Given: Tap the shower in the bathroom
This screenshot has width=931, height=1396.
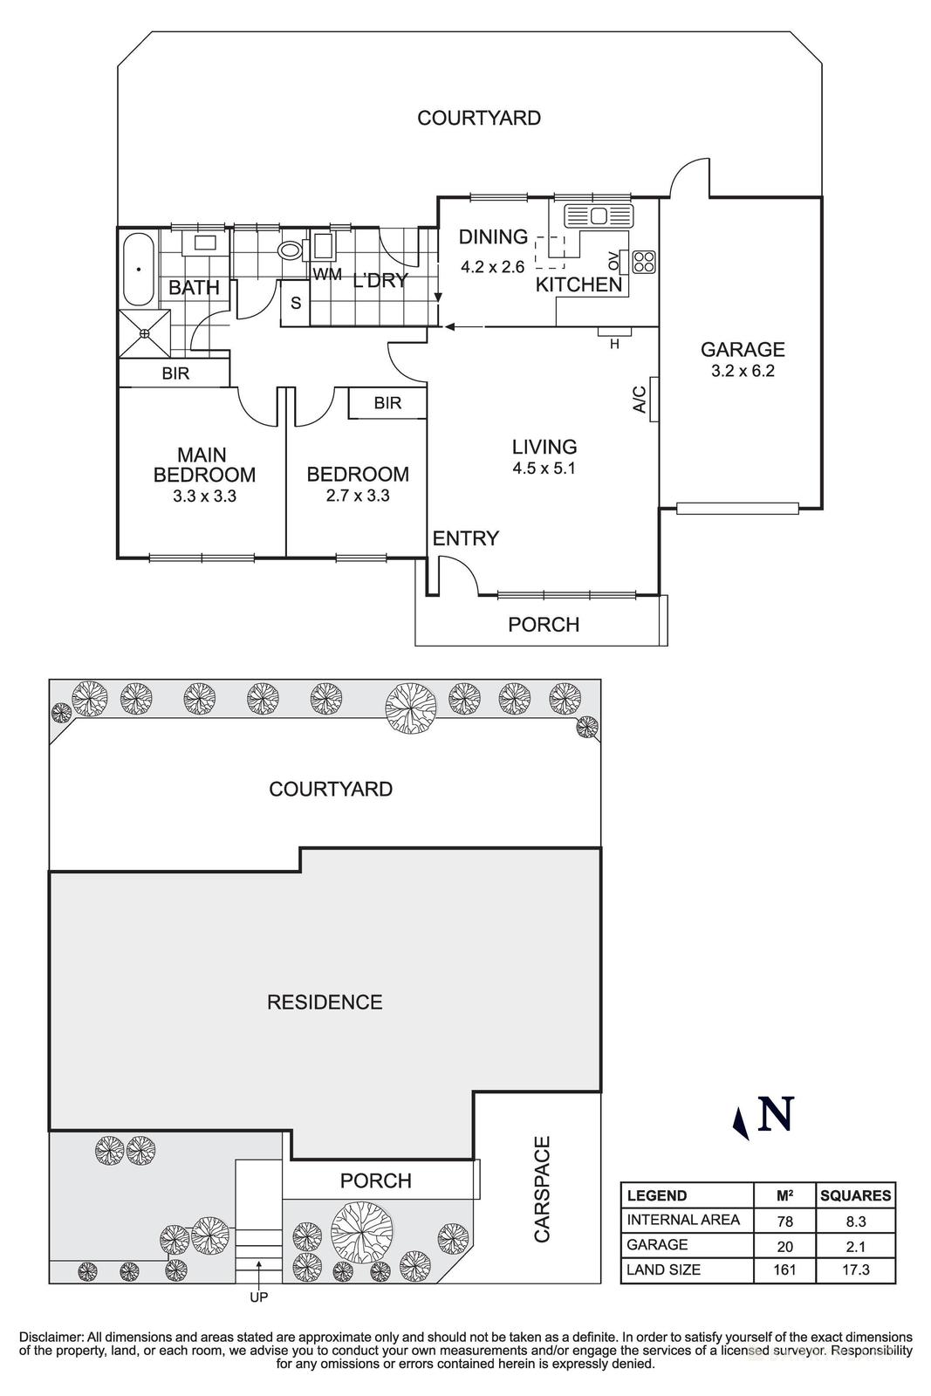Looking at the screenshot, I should point(145,333).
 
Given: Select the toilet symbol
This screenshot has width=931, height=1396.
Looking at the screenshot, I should point(290,251).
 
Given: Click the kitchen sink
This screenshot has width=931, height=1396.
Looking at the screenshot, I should point(599,215).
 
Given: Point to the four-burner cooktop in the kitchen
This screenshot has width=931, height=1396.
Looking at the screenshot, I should point(644,260).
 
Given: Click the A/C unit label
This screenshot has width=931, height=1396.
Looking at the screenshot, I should point(640,400).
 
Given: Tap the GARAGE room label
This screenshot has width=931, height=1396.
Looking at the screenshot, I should point(743,350).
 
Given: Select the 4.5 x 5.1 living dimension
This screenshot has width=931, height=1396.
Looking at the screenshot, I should point(544,468).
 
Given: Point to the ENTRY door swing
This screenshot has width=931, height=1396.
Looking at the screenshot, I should point(457,576).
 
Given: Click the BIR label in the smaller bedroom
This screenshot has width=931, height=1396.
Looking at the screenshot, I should point(387,403).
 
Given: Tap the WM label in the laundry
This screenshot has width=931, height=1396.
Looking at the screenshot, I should point(327,275).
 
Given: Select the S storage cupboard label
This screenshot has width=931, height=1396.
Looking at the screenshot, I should point(296,304).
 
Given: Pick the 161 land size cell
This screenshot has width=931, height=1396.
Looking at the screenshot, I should point(784,1269).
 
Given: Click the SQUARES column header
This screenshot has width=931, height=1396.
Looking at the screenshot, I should point(855,1195).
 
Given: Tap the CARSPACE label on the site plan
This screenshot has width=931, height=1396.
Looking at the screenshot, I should point(543,1188).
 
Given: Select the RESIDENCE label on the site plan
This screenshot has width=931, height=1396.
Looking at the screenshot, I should point(325,1002).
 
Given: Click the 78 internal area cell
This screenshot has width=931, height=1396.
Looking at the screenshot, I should point(784,1220).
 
